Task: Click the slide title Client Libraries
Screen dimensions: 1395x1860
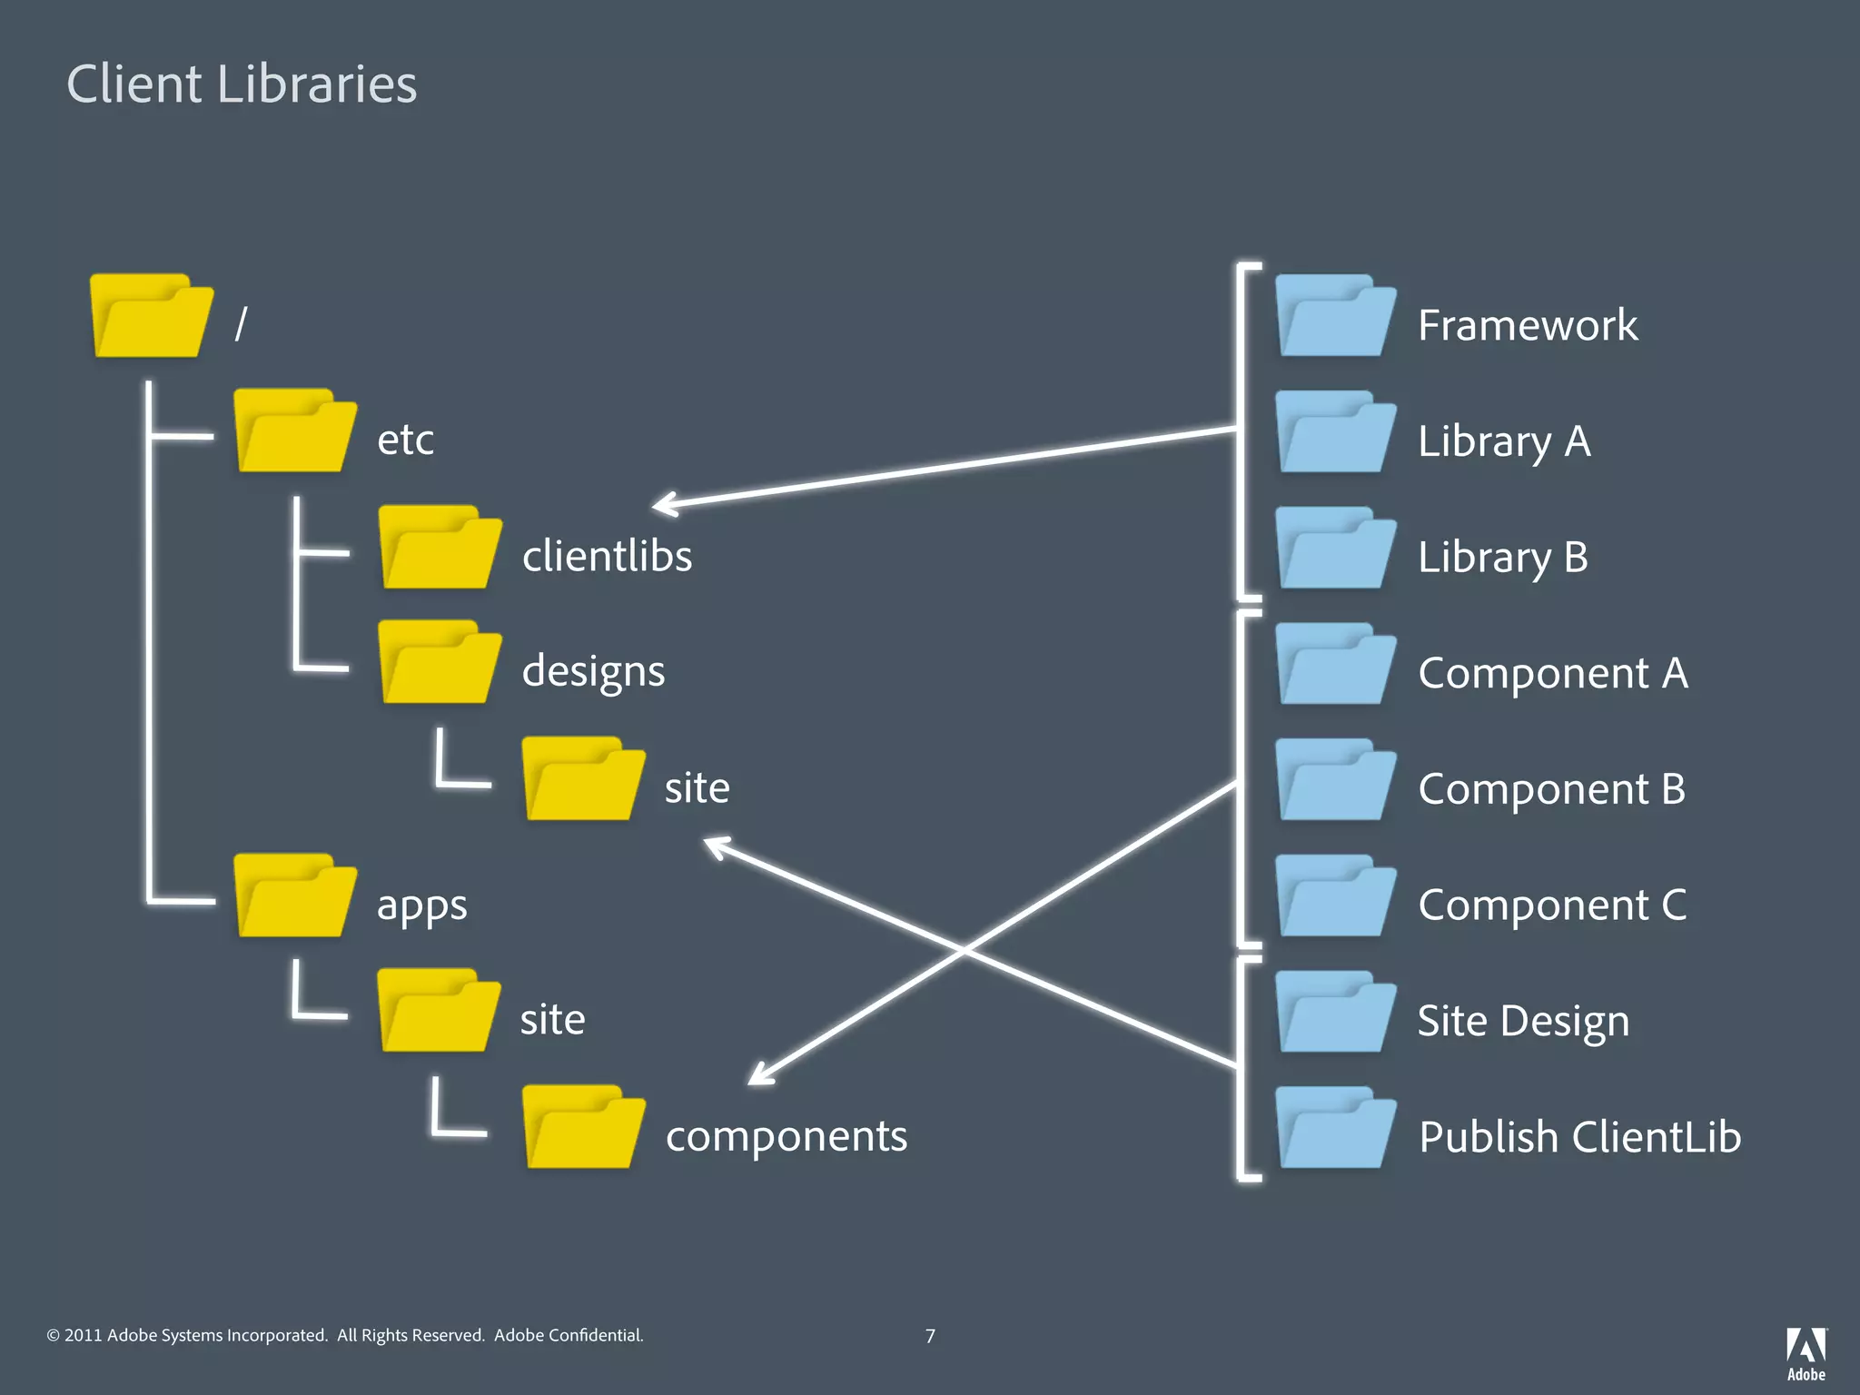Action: point(242,84)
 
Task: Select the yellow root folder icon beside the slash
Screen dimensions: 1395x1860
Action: point(151,316)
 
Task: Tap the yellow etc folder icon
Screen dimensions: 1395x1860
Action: point(294,431)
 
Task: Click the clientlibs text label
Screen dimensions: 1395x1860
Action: point(607,556)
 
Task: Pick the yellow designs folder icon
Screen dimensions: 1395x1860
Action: point(439,663)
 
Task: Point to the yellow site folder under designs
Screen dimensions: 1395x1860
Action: point(583,779)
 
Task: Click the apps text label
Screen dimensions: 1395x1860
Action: point(421,905)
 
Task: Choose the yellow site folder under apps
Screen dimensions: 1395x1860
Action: point(439,1011)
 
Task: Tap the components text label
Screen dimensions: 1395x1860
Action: point(786,1136)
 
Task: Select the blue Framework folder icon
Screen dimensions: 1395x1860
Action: point(1334,316)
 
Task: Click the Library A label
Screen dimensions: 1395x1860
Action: point(1504,441)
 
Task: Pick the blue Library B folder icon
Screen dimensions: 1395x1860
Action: point(1334,549)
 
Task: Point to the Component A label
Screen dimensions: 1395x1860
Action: point(1553,673)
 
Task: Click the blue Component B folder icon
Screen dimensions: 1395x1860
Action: point(1334,780)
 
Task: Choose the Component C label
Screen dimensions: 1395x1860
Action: point(1552,905)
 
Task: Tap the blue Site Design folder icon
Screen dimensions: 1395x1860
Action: point(1334,1013)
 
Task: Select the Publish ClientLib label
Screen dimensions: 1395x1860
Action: point(1579,1137)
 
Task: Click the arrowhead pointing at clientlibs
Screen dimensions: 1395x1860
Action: point(666,504)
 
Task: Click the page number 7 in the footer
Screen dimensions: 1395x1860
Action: point(930,1336)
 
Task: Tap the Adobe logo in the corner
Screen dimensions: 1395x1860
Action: point(1806,1352)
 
